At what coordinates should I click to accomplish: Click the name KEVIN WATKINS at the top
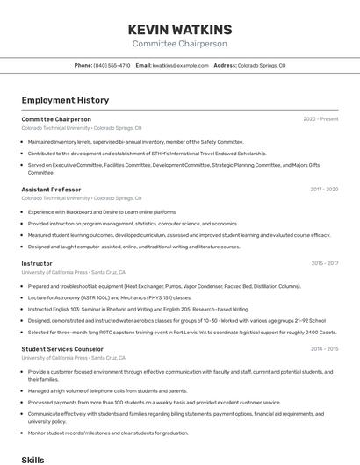tap(179, 29)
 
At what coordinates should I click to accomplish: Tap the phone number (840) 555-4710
tap(112, 65)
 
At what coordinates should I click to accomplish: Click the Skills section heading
tap(32, 459)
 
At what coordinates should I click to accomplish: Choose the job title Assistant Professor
tap(51, 190)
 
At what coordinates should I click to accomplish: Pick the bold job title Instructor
tap(37, 263)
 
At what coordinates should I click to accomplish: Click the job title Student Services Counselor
tap(62, 349)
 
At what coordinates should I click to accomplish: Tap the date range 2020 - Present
tap(320, 119)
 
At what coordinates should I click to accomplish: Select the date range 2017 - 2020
tap(324, 190)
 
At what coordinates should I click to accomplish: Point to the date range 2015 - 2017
tap(324, 263)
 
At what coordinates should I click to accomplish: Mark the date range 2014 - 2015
tap(324, 349)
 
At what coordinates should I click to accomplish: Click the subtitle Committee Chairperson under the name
tap(179, 44)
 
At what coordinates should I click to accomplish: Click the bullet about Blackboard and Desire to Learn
tap(102, 211)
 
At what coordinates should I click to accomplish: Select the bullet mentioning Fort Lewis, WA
tap(182, 332)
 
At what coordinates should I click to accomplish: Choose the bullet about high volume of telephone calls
tap(107, 390)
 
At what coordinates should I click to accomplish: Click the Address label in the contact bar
tap(225, 65)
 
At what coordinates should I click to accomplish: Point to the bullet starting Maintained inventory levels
tap(135, 141)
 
